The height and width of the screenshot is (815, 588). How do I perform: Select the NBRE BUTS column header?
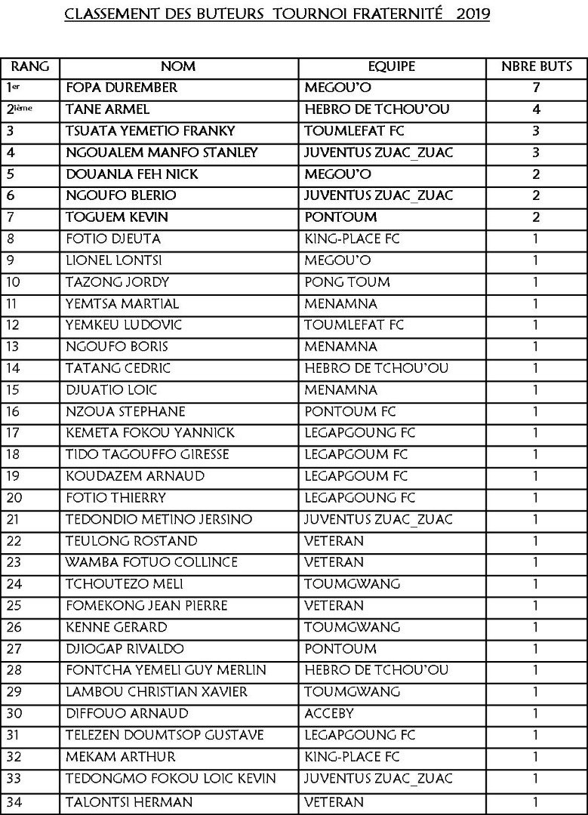click(537, 66)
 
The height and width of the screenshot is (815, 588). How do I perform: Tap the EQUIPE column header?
click(391, 66)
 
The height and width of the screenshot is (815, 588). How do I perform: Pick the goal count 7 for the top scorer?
click(537, 88)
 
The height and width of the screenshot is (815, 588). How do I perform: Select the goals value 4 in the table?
click(537, 109)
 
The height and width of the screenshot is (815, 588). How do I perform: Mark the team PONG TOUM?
click(347, 282)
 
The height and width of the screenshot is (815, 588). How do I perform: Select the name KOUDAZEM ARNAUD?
click(126, 476)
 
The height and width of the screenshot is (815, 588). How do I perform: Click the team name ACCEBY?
click(328, 713)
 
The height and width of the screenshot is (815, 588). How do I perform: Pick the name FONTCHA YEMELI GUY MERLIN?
click(161, 670)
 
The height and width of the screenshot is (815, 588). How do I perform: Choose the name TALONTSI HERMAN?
click(129, 802)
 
